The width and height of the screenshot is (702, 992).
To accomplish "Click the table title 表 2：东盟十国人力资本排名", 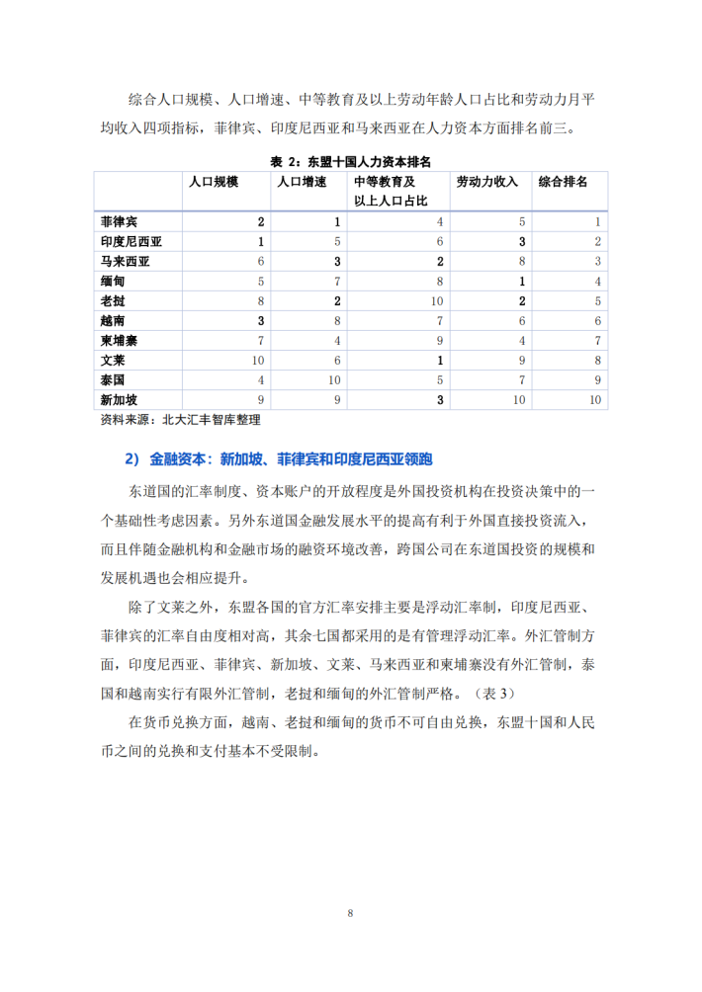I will coord(350,161).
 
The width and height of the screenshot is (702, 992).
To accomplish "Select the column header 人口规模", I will coord(214,183).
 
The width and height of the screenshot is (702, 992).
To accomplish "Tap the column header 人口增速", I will coord(301,183).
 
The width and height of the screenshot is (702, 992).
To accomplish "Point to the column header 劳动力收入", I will coord(486,183).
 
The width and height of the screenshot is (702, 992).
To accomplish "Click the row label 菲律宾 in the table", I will coord(119,222).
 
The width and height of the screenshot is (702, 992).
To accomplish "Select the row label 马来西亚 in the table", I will coord(125,262).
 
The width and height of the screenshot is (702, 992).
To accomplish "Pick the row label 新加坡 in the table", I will coord(119,400).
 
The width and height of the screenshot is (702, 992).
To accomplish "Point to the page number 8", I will coord(350,913).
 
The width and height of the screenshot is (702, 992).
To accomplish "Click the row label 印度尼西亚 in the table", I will coord(131,242).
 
